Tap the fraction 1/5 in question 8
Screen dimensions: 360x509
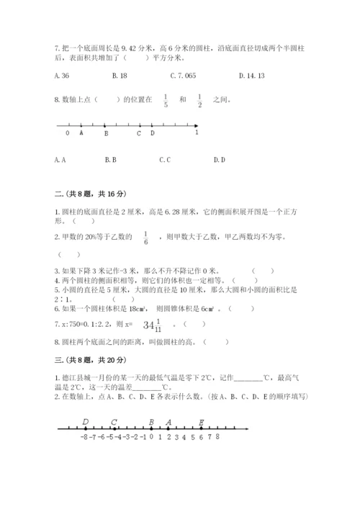coord(166,101)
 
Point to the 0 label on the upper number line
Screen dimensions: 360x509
coord(68,133)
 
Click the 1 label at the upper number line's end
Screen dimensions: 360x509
coord(197,132)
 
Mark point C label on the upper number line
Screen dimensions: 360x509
coord(139,133)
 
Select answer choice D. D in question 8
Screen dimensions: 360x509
coord(220,160)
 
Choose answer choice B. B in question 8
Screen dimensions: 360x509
coord(110,160)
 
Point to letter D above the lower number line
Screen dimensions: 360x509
coord(85,422)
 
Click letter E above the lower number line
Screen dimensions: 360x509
coord(201,422)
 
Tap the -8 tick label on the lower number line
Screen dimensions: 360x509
coord(84,436)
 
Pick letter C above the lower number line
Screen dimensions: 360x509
coord(114,422)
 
